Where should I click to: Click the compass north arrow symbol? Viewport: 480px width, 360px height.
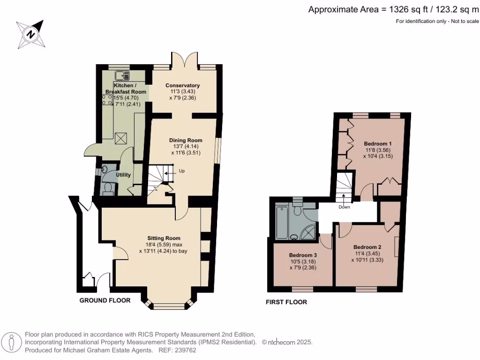point(30,34)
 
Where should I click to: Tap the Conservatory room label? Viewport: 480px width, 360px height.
point(182,85)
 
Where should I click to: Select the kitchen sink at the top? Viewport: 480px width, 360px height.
point(122,75)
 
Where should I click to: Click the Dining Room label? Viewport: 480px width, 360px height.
point(186,140)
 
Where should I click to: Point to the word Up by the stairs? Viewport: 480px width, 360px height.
point(182,171)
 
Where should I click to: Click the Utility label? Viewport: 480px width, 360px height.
point(123,175)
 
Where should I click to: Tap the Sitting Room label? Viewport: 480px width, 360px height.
point(163,238)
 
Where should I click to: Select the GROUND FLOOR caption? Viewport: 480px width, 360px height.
point(105,300)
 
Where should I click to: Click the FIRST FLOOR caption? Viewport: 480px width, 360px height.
point(286,302)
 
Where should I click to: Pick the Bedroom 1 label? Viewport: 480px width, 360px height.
point(377,143)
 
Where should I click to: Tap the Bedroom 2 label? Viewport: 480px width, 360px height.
point(367,247)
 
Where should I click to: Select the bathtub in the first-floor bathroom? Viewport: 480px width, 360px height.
point(283,223)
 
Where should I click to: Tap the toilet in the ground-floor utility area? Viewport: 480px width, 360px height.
point(108,188)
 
